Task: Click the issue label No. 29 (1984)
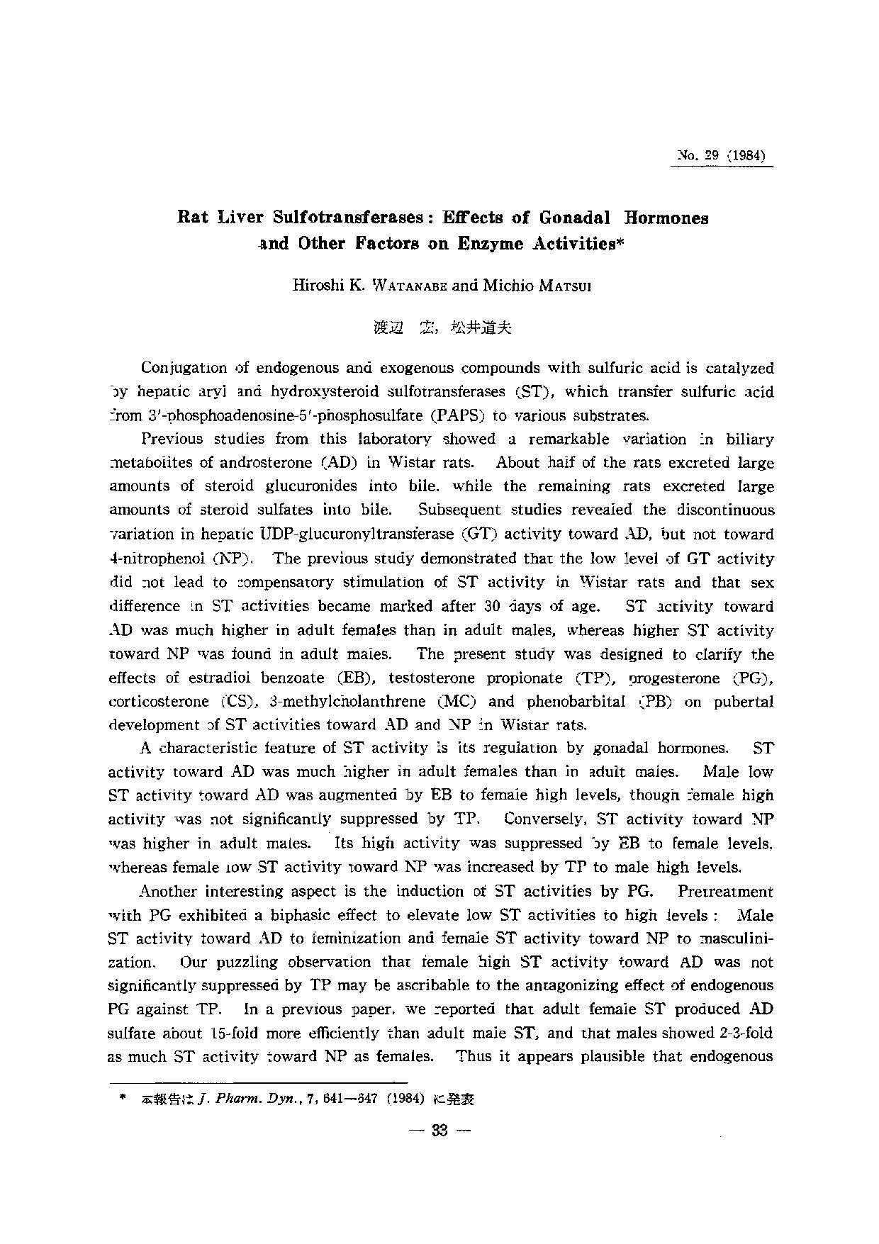click(x=722, y=156)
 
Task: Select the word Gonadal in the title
click(x=579, y=218)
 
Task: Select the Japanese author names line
click(x=442, y=327)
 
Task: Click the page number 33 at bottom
click(x=439, y=1130)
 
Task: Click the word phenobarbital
click(x=576, y=702)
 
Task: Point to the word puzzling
click(x=241, y=963)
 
